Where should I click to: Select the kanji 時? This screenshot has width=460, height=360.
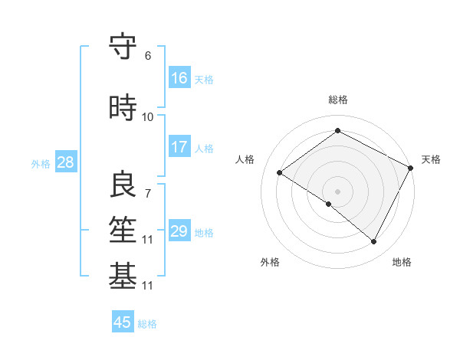(x=123, y=108)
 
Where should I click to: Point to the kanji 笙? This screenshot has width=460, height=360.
(x=123, y=230)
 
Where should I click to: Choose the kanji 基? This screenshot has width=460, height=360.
(x=123, y=277)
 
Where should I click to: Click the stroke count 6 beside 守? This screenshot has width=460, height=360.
(x=148, y=55)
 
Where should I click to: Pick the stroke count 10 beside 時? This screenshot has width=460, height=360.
(x=148, y=116)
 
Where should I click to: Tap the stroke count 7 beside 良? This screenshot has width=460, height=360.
(x=148, y=193)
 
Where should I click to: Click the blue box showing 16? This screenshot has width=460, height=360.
(x=179, y=78)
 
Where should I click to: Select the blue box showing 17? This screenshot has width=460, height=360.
(x=179, y=147)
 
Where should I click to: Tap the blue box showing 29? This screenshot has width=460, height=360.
(x=179, y=231)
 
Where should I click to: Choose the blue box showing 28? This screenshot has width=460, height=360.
(x=65, y=162)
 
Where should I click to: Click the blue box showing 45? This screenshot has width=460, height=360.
(x=123, y=322)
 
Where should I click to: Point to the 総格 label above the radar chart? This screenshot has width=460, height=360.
(x=338, y=100)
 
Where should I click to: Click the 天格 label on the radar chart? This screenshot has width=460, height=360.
(x=431, y=159)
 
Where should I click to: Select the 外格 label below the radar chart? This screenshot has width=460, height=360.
(x=270, y=262)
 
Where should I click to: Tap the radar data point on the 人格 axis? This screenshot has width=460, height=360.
(x=280, y=172)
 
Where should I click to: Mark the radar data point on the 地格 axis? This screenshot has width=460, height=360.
(x=374, y=241)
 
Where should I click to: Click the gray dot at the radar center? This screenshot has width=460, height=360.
(x=337, y=191)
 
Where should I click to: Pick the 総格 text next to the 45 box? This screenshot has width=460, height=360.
(x=147, y=324)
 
